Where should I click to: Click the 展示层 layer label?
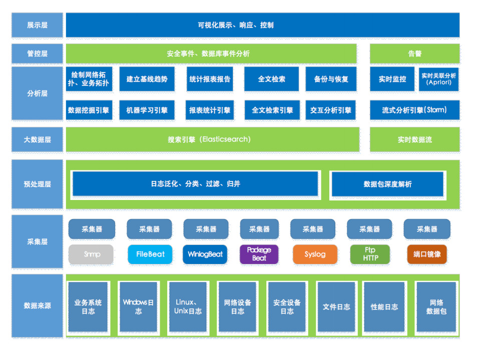[x=38, y=25]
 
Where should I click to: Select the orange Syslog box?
[x=315, y=254]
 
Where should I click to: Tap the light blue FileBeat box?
[x=150, y=254]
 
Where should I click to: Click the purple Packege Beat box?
[x=259, y=254]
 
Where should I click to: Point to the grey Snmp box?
[x=92, y=254]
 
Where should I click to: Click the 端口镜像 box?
[x=427, y=254]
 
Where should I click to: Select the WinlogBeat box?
[x=205, y=254]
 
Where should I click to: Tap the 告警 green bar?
[x=414, y=53]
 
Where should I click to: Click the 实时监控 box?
[x=392, y=79]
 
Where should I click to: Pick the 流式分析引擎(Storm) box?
[x=414, y=110]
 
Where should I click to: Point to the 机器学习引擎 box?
[x=147, y=110]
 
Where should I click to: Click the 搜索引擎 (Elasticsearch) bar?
[x=212, y=139]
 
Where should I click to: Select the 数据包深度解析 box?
[x=387, y=184]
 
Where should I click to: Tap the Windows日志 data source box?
[x=138, y=306]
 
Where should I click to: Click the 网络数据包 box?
[x=436, y=306]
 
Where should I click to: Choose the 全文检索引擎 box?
[x=272, y=110]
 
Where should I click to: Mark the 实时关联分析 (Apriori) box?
[x=439, y=79]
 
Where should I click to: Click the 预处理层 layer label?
[x=38, y=184]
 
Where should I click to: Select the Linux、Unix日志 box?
[x=188, y=306]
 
